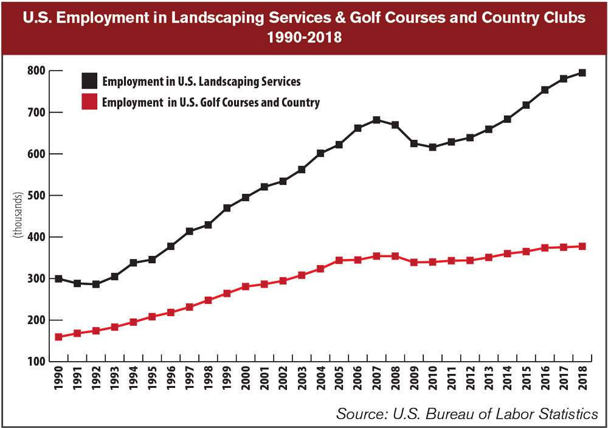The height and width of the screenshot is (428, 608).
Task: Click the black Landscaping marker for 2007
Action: [x=376, y=120]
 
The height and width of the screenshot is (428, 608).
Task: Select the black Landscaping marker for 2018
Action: [x=582, y=73]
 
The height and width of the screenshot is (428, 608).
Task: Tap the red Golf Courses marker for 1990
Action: [x=58, y=337]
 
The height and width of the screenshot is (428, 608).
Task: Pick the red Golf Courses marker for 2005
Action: [x=339, y=260]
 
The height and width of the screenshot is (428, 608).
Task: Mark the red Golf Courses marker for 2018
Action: [x=582, y=246]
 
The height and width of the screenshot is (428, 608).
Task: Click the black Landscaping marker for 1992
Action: [x=95, y=284]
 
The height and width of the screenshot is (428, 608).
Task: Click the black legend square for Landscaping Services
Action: [x=89, y=81]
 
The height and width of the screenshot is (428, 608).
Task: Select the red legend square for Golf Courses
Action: [x=89, y=103]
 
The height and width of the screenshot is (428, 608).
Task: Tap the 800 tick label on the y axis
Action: [x=37, y=71]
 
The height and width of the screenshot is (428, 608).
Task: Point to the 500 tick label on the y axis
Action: [x=37, y=196]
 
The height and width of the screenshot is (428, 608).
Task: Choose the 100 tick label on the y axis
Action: [x=37, y=362]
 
